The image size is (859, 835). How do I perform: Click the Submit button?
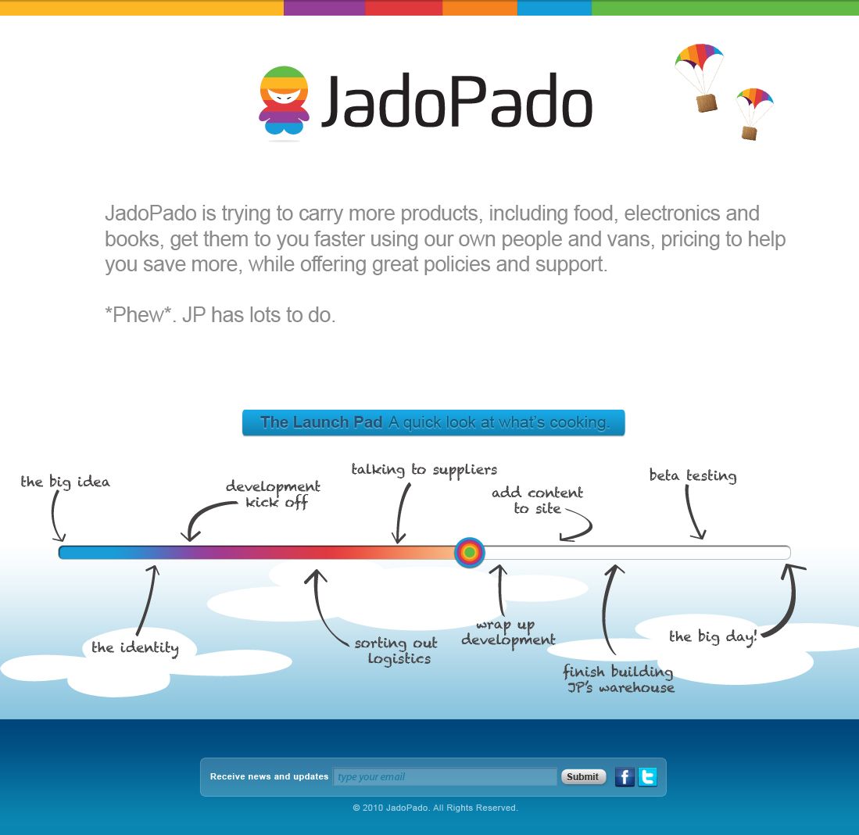[583, 776]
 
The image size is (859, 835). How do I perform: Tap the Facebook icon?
[625, 776]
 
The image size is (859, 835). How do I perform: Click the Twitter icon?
[647, 776]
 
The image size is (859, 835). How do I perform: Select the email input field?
[445, 776]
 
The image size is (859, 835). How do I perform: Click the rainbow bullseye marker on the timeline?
[470, 552]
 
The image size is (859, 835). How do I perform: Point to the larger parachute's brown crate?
[706, 102]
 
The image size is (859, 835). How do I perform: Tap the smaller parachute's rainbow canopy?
[755, 97]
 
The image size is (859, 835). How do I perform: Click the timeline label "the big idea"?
[65, 482]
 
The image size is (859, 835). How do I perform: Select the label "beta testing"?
[693, 475]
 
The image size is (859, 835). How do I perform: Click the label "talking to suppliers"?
[424, 470]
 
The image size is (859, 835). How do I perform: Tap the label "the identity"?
[134, 647]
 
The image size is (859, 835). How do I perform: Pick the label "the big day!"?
[713, 636]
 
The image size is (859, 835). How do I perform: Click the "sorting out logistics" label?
[396, 650]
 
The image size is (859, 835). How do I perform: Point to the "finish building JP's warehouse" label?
[619, 679]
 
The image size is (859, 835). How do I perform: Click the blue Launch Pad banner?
[433, 422]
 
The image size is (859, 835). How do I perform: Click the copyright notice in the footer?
[435, 808]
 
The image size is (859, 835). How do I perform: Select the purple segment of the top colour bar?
[324, 8]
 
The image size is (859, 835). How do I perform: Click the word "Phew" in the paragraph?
[138, 315]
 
